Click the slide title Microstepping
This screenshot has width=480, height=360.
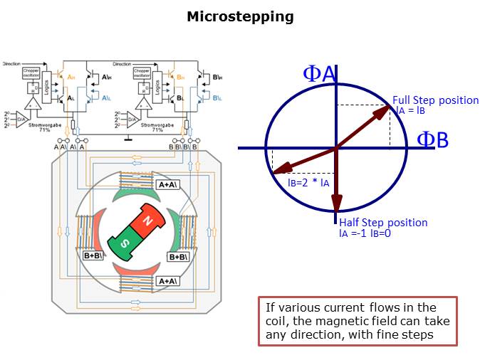click(240, 16)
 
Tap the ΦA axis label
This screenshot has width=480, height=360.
click(319, 73)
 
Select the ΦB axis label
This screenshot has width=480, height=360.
click(432, 140)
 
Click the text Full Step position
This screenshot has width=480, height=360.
click(435, 100)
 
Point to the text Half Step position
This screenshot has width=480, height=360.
click(383, 223)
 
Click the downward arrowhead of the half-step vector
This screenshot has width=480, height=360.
click(336, 206)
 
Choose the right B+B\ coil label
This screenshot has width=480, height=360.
click(178, 256)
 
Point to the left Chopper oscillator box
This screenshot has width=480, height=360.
click(31, 74)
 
